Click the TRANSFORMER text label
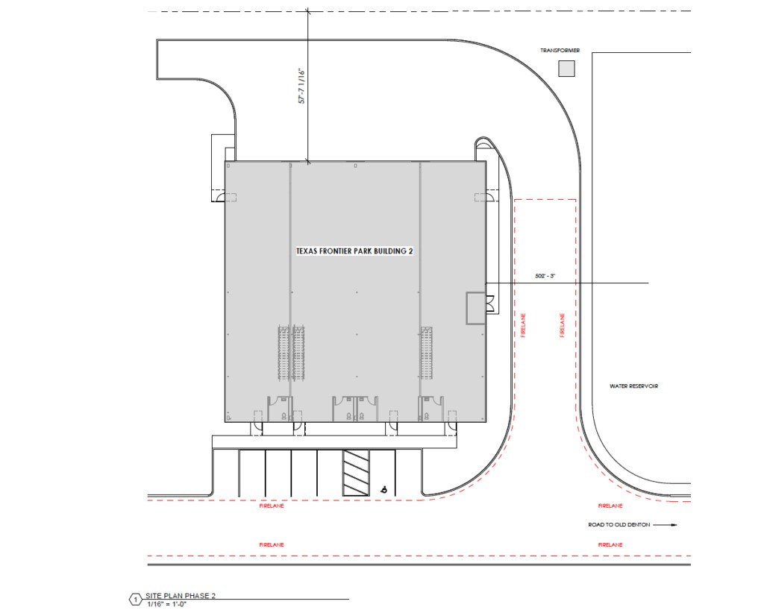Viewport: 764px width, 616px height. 560,51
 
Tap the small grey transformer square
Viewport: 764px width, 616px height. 566,69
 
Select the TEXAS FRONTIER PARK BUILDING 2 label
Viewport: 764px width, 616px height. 354,251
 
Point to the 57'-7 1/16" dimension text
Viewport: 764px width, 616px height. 301,87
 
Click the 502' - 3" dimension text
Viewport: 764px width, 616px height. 545,276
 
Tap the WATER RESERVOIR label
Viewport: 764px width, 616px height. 633,386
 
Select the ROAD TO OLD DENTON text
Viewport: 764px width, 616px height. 619,525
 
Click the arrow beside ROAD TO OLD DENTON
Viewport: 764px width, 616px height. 665,525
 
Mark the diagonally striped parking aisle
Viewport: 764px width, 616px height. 356,473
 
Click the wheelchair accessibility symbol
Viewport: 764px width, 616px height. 384,490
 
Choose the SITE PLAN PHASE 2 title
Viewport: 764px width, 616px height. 181,596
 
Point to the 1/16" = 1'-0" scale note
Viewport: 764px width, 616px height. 167,604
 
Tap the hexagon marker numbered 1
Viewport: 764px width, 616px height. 136,600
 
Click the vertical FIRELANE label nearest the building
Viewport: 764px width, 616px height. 523,325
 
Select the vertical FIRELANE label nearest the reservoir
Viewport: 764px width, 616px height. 562,325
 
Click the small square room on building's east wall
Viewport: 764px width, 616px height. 476,308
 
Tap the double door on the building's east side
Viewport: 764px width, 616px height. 491,304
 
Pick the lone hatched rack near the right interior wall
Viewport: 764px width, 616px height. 427,353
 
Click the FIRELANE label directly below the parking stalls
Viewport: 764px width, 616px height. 272,506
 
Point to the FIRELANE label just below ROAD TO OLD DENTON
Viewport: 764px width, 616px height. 610,545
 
